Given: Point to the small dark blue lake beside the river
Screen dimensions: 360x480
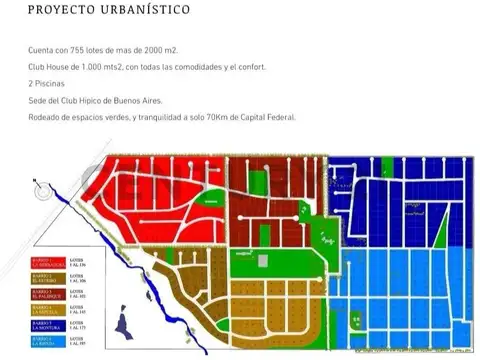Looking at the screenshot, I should click(x=123, y=324).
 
